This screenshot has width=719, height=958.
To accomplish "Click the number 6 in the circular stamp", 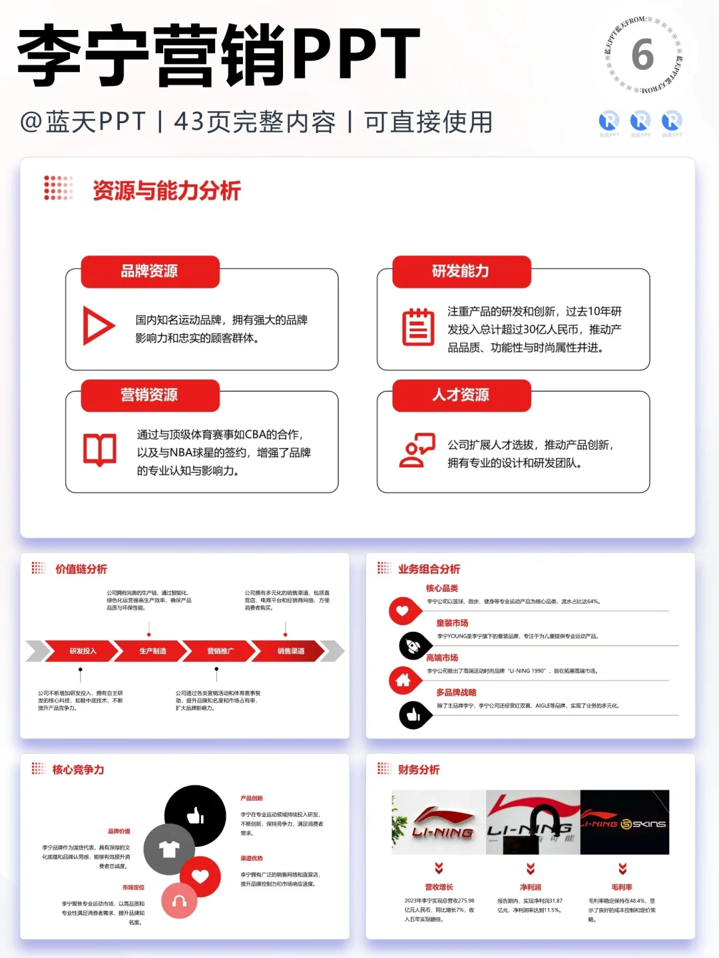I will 642,55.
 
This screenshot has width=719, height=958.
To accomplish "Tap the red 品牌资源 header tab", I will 150,272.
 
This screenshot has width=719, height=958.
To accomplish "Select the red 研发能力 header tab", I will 461,272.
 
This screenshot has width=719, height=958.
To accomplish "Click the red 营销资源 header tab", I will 150,395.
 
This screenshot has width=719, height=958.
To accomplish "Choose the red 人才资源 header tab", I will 461,395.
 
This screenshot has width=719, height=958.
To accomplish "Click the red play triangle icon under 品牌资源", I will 99,326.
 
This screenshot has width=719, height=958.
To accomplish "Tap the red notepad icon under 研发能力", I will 418,327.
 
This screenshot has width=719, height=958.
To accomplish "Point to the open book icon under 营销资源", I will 100,449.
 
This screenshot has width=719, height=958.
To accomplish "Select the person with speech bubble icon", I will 417,451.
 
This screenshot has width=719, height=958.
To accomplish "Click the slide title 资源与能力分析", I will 166,191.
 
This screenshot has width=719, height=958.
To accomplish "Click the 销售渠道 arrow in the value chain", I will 291,651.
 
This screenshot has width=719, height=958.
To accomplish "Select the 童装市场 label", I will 452,623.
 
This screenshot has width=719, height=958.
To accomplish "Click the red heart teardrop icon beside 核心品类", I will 402,610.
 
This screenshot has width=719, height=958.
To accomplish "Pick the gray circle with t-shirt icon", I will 169,849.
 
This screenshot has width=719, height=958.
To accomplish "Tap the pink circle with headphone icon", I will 179,901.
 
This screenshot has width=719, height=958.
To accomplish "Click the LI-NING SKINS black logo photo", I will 624,823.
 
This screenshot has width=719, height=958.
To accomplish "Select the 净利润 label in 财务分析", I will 531,887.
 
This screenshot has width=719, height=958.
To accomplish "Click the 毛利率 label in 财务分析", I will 622,887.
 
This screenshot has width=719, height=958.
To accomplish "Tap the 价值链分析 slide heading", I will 81,569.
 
